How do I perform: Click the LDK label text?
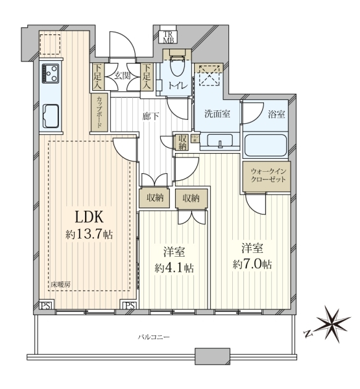pos(89,217)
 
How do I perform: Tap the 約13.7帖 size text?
pos(89,234)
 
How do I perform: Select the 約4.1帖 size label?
pos(174,268)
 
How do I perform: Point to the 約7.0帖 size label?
pos(252,265)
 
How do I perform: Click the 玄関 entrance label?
pos(122,75)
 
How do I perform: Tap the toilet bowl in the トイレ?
pos(177,65)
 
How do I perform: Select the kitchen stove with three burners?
pos(51,73)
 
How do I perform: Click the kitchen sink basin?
pos(51,116)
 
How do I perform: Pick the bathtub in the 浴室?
pos(265,145)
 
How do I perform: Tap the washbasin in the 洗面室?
pos(220,141)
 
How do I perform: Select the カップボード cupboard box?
pos(99,112)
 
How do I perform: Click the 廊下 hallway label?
pos(150,116)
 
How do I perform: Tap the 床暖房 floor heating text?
pos(60,285)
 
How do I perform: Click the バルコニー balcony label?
pos(154,337)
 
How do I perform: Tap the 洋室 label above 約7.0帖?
pos(252,248)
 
